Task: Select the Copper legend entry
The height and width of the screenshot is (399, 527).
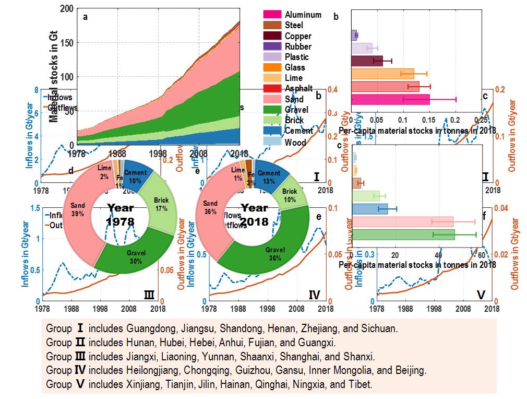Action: pos(298,36)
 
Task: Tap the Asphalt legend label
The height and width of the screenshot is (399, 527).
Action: pos(299,88)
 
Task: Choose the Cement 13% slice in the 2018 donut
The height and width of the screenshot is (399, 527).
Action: pos(269,177)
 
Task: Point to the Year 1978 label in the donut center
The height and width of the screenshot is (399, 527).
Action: pos(120,214)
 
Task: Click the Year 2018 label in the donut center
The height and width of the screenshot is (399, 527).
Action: pos(255,214)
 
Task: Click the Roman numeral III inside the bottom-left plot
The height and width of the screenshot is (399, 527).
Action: pos(149,296)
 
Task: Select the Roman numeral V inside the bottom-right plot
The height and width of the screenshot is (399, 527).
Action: pos(481,296)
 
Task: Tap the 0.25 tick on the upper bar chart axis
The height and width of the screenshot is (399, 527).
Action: pos(481,121)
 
